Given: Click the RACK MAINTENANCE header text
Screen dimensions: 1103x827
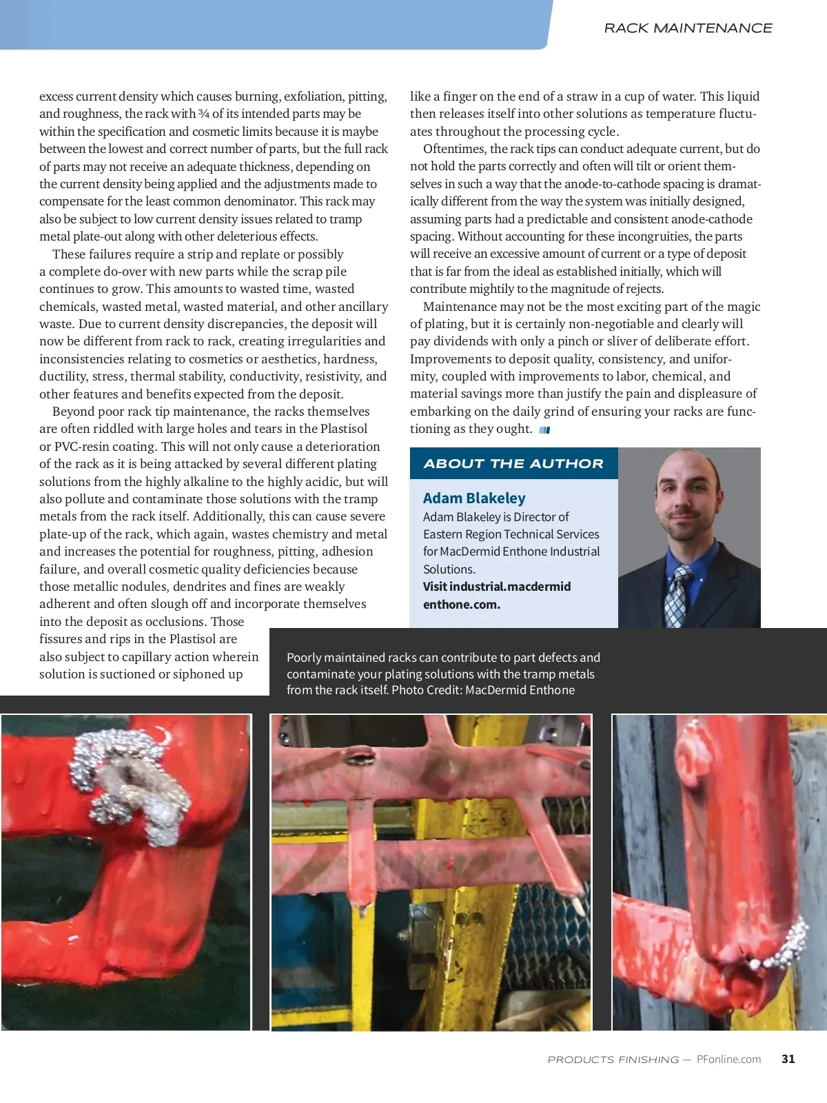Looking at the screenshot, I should pyautogui.click(x=688, y=28).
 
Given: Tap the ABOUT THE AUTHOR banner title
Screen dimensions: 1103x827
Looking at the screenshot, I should pyautogui.click(x=513, y=464).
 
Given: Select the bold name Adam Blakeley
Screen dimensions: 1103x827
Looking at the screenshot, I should pyautogui.click(x=474, y=498).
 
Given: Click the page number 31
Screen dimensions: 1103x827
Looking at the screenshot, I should pyautogui.click(x=788, y=1059).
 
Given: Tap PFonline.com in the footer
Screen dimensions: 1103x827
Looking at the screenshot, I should pyautogui.click(x=728, y=1059).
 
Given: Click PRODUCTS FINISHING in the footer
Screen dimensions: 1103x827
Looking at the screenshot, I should pyautogui.click(x=613, y=1060).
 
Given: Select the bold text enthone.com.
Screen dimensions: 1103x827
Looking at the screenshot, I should pyautogui.click(x=462, y=605).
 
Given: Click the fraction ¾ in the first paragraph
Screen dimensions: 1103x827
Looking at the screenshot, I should pyautogui.click(x=204, y=114).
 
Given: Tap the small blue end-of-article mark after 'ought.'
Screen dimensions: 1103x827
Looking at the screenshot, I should pyautogui.click(x=544, y=430).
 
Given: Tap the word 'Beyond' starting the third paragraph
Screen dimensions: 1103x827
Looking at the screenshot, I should pyautogui.click(x=73, y=412).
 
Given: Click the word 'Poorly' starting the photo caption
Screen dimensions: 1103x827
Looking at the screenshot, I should pyautogui.click(x=304, y=658).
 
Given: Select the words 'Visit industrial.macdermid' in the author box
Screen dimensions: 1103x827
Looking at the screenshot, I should pyautogui.click(x=497, y=587).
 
